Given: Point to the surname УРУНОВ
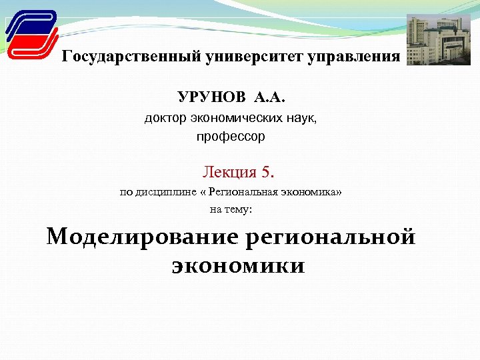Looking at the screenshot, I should click(211, 98).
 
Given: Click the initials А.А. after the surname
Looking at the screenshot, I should click(269, 98).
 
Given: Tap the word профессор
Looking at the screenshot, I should click(231, 137).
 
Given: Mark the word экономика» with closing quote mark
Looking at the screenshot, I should click(313, 193).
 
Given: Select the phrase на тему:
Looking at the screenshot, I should click(231, 209).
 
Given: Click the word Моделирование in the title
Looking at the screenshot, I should click(142, 237).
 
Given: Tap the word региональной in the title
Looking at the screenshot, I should click(331, 237).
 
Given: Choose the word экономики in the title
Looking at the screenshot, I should click(238, 266).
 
